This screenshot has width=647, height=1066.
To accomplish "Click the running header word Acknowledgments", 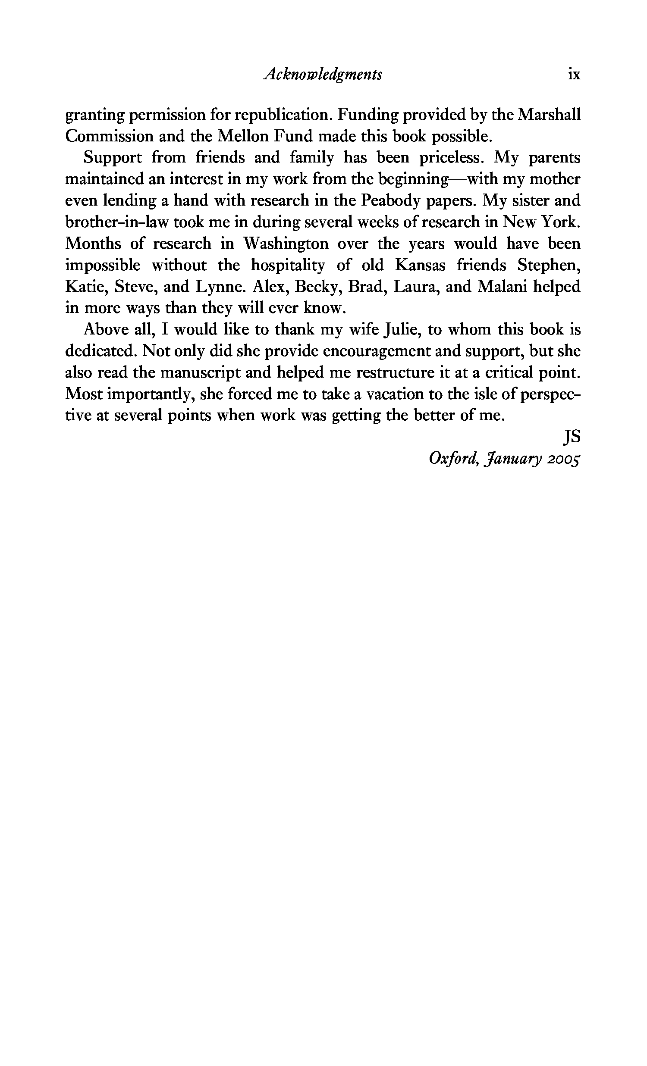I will (322, 75).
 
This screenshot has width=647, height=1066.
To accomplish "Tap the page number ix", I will (574, 75).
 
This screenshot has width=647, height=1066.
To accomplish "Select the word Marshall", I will (549, 115).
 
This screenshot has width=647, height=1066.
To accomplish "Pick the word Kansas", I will (420, 265).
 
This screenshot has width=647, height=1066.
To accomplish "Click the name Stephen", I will (549, 265).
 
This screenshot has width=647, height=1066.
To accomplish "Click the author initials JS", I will (571, 437).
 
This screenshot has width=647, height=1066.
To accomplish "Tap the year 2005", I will (563, 459).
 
